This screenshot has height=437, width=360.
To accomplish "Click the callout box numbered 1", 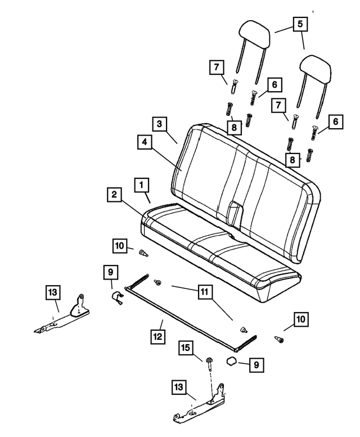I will point(141,184).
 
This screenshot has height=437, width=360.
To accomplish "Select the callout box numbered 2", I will point(114,195).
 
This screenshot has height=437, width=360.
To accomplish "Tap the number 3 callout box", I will point(159,123).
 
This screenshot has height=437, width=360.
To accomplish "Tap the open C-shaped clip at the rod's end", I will point(116,298).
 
